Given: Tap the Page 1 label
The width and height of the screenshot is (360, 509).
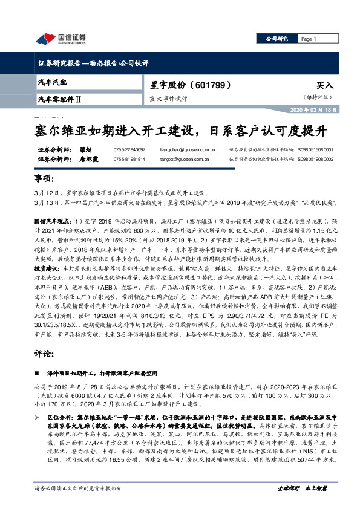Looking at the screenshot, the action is (x=310, y=39).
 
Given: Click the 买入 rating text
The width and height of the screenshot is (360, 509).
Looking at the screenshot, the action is (x=324, y=86).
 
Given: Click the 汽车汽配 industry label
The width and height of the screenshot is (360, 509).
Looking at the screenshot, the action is (x=53, y=81).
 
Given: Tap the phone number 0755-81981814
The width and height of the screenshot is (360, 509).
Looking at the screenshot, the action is (x=129, y=159).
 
